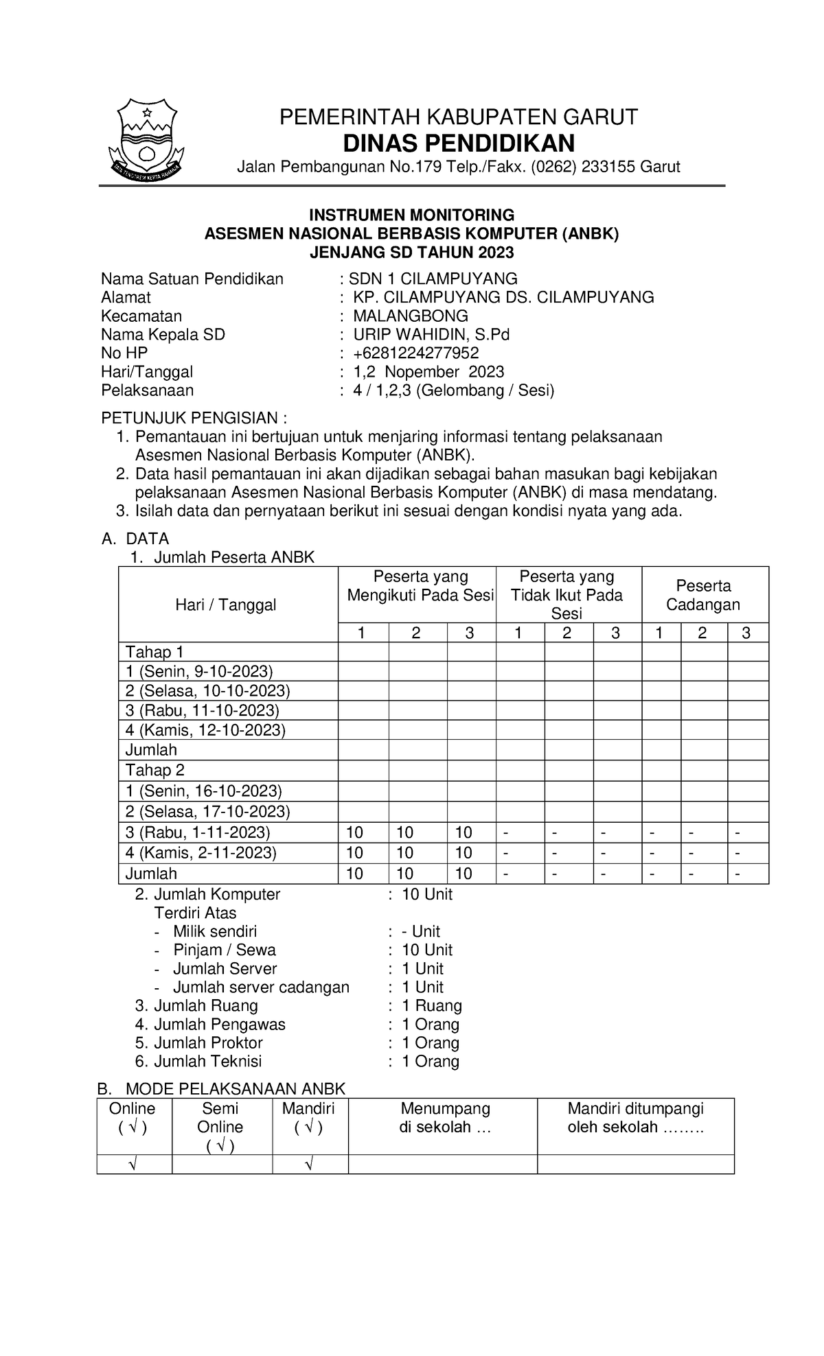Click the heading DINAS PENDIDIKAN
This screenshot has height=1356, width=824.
458,143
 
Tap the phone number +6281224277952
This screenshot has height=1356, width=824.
415,353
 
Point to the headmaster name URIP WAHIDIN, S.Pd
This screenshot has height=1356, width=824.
431,334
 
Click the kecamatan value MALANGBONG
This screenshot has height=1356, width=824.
410,316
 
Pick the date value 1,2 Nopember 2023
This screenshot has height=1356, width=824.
428,371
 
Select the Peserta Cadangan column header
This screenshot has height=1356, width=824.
703,595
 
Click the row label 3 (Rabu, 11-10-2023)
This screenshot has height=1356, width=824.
202,710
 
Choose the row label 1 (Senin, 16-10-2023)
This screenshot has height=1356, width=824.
203,791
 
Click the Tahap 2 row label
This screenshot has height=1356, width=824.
154,771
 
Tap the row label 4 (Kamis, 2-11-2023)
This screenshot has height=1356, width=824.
201,853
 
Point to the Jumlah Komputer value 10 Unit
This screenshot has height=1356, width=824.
426,894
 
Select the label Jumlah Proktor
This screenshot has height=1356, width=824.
207,1042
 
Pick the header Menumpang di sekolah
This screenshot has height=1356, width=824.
445,1117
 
